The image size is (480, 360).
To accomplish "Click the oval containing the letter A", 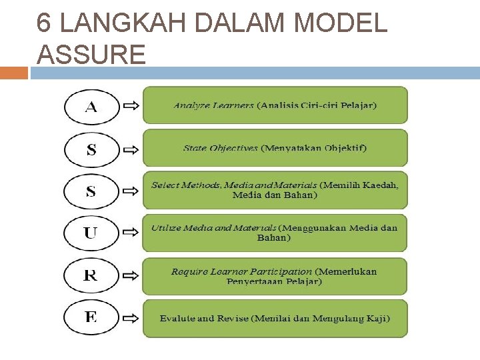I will [91, 106].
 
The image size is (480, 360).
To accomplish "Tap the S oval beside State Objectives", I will [91, 149].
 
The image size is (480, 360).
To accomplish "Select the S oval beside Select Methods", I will [91, 191].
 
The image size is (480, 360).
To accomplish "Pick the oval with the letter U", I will [91, 233].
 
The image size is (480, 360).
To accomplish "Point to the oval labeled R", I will [91, 275].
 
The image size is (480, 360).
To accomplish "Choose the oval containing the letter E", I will [91, 317].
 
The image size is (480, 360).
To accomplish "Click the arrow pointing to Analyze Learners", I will [131, 105].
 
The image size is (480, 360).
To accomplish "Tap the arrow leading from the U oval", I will [131, 232].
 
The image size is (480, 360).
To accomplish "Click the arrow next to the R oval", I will [131, 274].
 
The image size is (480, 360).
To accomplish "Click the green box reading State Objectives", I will [275, 148].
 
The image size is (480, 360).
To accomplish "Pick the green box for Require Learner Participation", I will [275, 276].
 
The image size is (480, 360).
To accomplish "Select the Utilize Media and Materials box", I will [275, 233].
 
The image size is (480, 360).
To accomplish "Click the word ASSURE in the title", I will [91, 54].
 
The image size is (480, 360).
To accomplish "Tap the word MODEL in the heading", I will [340, 23].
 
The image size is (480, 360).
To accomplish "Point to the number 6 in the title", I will [44, 23].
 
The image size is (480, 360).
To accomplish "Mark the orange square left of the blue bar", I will [14, 72].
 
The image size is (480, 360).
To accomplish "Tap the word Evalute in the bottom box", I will [177, 319].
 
